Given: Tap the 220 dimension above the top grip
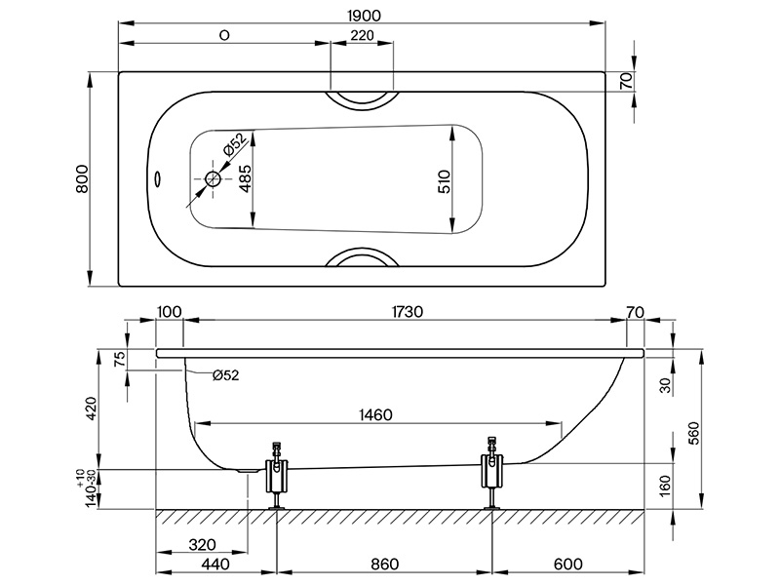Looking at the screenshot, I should coord(361,35).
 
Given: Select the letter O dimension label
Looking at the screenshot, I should coord(224,35).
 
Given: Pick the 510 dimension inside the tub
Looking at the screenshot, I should coord(444,180).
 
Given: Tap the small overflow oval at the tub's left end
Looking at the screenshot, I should coord(159,178).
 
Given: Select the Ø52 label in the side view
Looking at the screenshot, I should coord(224,374).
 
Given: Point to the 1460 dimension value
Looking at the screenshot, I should coord(372,414).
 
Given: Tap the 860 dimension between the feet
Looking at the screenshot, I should coord(386,564).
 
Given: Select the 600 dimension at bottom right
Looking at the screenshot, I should coord(571,564).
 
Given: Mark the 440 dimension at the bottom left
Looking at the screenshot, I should coord(215,564).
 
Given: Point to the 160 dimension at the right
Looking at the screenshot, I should coord(664,484).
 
